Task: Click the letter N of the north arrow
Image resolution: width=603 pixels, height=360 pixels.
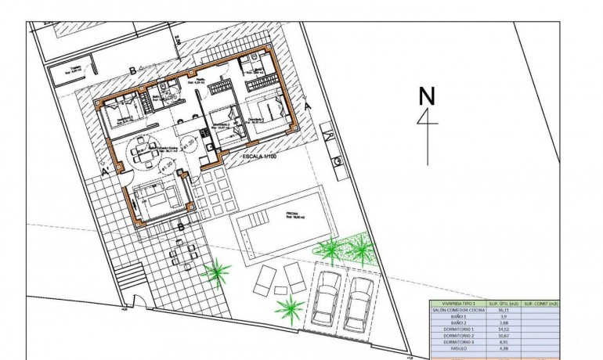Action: click(x=427, y=96)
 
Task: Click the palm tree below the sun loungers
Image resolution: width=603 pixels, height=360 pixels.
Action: click(x=291, y=308)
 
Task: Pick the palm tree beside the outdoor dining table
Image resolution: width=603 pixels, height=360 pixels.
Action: click(x=216, y=272)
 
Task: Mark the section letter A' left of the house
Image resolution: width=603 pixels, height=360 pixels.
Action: click(x=105, y=170)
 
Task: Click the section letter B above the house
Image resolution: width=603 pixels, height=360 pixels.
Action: click(x=132, y=70)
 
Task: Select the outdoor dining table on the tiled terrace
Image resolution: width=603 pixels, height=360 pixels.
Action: click(x=182, y=252)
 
